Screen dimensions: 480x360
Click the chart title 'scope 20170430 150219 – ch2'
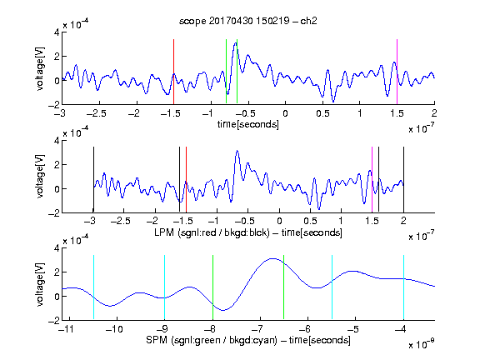[x=248, y=21]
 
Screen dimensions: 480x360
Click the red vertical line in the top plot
[x=173, y=72]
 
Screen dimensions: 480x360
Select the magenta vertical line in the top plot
[x=397, y=72]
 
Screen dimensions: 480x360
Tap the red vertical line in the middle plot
[x=186, y=180]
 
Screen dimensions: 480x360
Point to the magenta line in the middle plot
[x=372, y=180]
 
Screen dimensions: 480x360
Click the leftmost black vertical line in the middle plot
[x=93, y=180]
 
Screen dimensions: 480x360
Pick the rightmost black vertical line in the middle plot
[x=403, y=180]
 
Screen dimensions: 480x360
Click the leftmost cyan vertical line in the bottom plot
[x=93, y=287]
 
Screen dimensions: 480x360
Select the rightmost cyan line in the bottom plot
[x=403, y=287]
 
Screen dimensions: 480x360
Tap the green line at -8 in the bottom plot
[x=212, y=287]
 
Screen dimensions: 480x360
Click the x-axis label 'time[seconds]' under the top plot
[x=248, y=124]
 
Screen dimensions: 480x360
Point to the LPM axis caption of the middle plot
[x=248, y=232]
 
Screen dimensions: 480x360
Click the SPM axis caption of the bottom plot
[x=248, y=340]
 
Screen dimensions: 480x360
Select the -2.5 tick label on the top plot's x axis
[x=96, y=113]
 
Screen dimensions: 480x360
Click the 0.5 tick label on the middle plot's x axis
[x=310, y=222]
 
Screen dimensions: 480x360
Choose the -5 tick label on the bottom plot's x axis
[x=353, y=329]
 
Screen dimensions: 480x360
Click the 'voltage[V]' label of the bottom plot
[x=40, y=284]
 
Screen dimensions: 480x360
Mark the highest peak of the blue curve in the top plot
[x=235, y=43]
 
